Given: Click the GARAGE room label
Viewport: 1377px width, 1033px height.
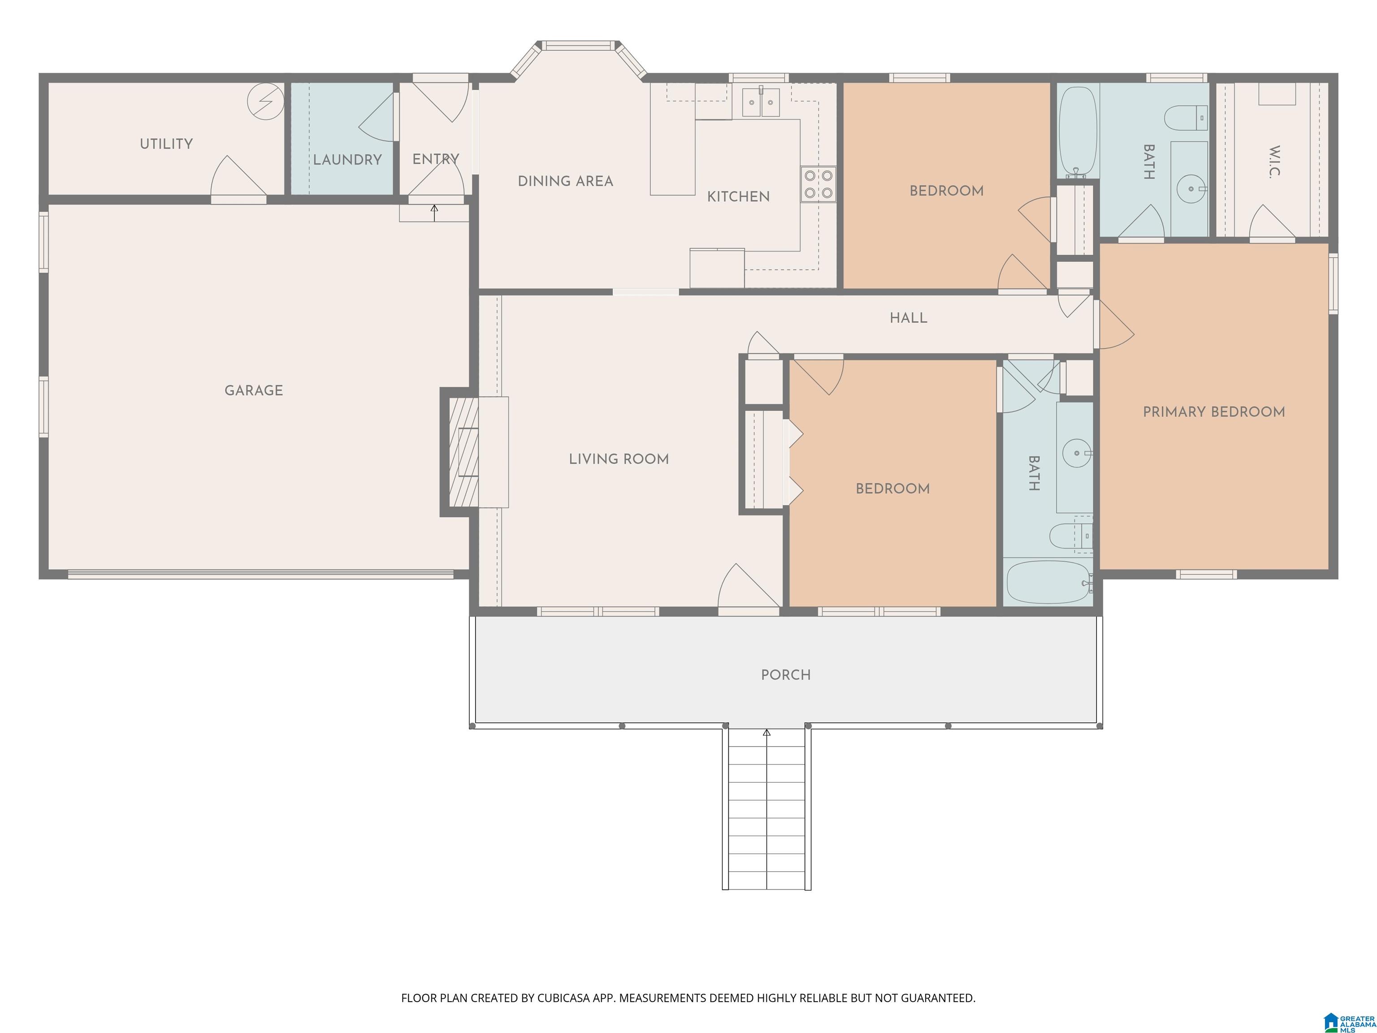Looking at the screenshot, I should click(253, 391).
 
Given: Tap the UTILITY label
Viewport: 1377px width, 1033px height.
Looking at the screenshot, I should click(166, 144).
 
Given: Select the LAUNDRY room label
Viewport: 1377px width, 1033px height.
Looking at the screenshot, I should click(347, 160).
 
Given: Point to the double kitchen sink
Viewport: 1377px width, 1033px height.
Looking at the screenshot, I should click(761, 103).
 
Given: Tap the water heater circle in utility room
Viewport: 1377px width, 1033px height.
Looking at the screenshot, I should click(266, 101).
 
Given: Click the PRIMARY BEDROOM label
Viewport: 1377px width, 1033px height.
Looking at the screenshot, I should click(1214, 412).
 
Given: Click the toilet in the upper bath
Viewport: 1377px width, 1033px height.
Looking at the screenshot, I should click(1186, 117).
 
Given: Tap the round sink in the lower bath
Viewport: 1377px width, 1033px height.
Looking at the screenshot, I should click(1076, 453).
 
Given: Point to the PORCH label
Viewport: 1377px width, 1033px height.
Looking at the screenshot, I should click(786, 675).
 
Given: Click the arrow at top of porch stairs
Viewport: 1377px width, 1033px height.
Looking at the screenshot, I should click(766, 734).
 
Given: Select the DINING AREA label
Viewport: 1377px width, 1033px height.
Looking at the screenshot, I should click(565, 181).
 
